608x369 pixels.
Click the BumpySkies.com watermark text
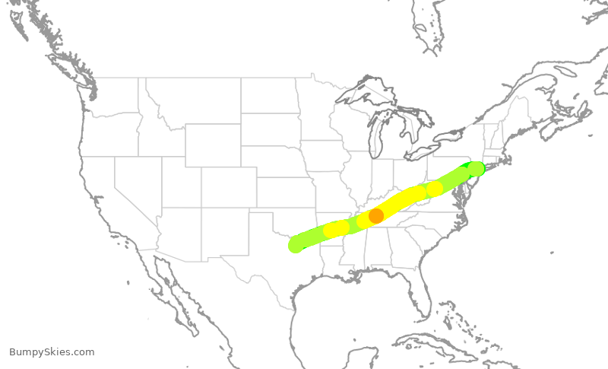coord(52,352)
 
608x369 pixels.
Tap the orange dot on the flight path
coord(376,216)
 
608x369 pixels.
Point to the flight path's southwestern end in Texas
coord(296,245)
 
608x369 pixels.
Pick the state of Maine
coord(517,114)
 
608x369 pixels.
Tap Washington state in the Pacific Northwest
coord(114,95)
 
